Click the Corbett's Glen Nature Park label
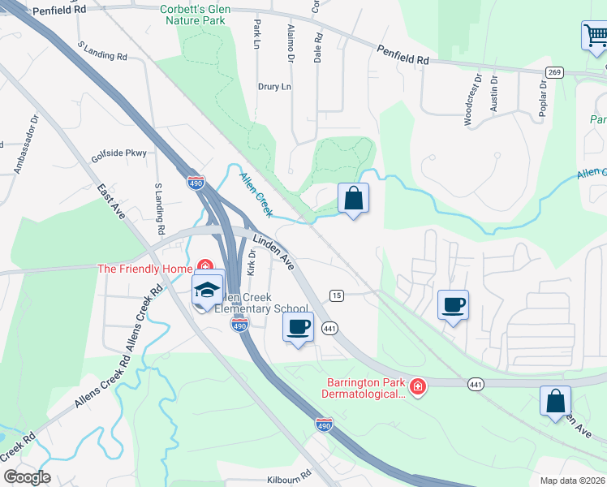pyautogui.click(x=195, y=14)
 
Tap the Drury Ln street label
pyautogui.click(x=274, y=86)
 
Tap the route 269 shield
pyautogui.click(x=555, y=73)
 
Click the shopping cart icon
pyautogui.click(x=595, y=36)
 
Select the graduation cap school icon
pyautogui.click(x=207, y=290)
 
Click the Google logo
pyautogui.click(x=27, y=477)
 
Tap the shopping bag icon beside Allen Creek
pyautogui.click(x=353, y=198)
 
